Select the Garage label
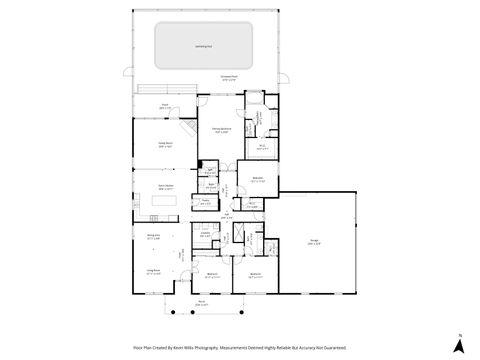tap(315, 243)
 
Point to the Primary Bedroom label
tap(221, 130)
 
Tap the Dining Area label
tap(153, 238)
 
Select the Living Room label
tap(153, 272)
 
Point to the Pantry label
tap(204, 202)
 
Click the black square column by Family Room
tap(201, 164)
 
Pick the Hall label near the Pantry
tap(226, 215)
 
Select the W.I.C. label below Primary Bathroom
tap(261, 148)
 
